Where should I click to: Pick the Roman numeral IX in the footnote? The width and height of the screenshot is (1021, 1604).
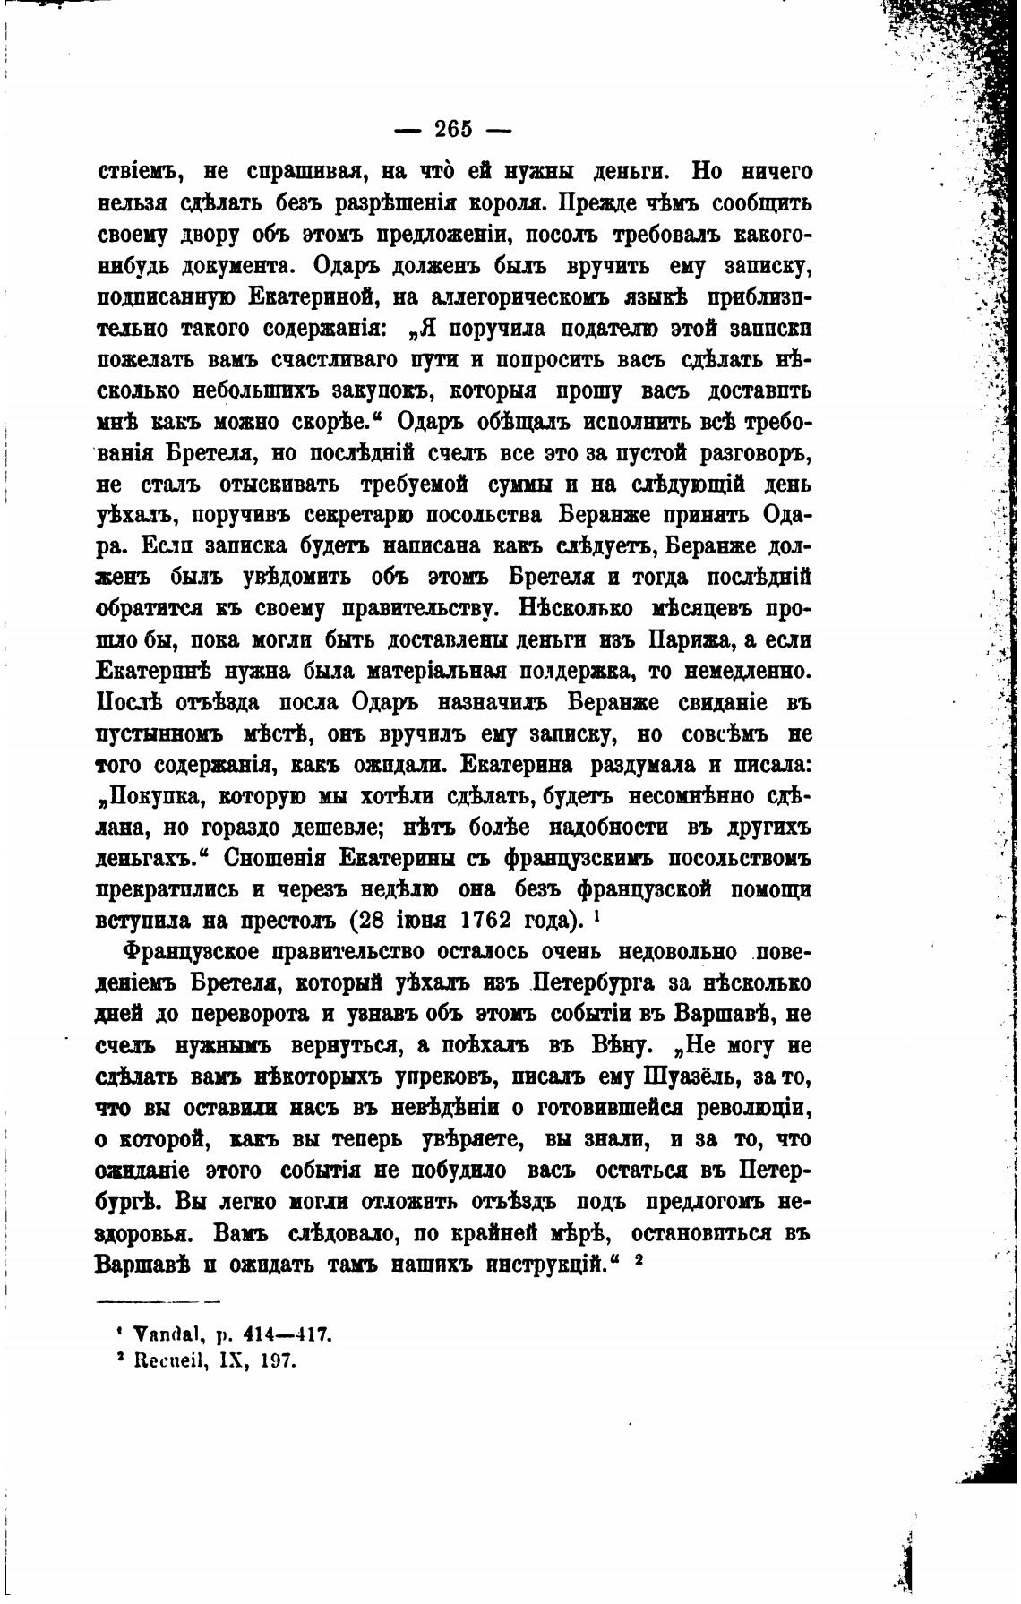235,1362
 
